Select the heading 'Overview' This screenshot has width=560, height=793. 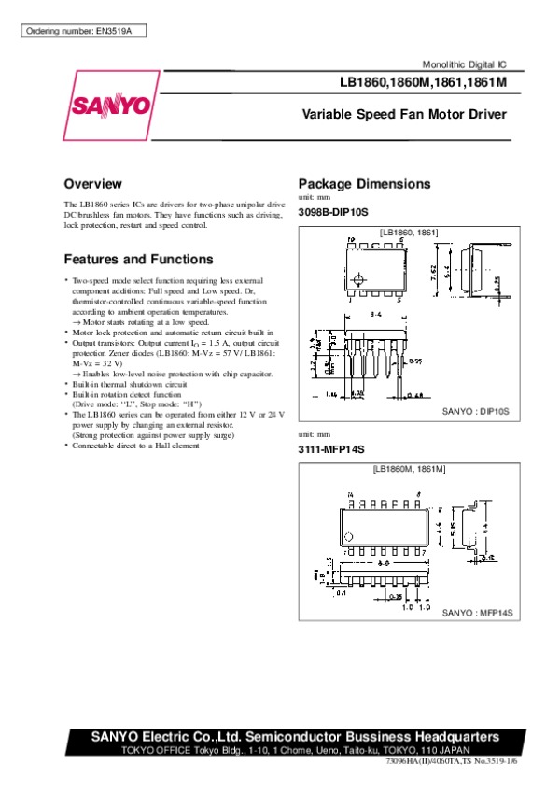pos(92,183)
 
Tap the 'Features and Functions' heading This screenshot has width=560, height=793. pos(138,259)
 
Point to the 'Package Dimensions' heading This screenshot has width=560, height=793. pos(364,183)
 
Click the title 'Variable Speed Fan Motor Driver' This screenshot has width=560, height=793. pos(403,115)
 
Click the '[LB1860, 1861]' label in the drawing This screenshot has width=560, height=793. pos(409,232)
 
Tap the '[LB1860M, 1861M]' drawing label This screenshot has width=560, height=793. pos(409,468)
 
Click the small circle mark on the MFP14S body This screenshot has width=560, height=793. pos(349,537)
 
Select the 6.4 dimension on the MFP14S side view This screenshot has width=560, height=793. pos(484,528)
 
